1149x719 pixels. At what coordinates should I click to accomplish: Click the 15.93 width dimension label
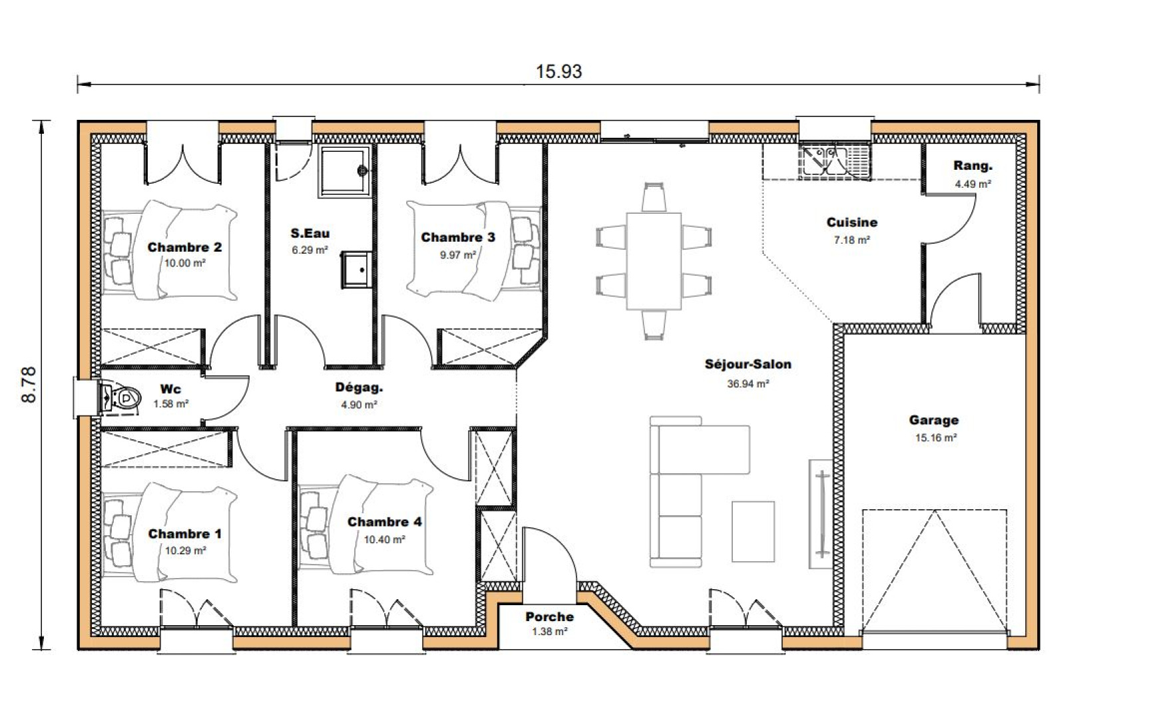(559, 72)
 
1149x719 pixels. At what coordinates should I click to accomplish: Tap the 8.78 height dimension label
(30, 385)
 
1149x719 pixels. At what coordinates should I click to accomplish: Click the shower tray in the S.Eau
(344, 171)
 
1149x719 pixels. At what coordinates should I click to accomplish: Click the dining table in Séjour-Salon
(654, 261)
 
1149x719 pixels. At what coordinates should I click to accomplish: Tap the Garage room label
(933, 420)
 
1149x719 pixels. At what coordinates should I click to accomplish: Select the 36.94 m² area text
(748, 383)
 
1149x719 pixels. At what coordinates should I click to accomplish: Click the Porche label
(549, 616)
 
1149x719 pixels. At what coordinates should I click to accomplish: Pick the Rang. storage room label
(973, 166)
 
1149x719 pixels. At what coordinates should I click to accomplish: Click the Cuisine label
(851, 222)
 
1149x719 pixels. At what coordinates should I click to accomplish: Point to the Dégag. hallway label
(359, 387)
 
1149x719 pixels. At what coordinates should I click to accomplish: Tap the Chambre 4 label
(384, 522)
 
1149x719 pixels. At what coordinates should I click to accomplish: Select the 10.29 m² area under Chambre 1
(185, 551)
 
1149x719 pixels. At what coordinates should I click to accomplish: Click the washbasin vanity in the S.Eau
(357, 270)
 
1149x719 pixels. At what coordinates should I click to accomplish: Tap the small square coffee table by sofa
(753, 531)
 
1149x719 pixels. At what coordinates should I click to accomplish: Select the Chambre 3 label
(457, 238)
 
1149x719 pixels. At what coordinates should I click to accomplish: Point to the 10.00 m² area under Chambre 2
(184, 263)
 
